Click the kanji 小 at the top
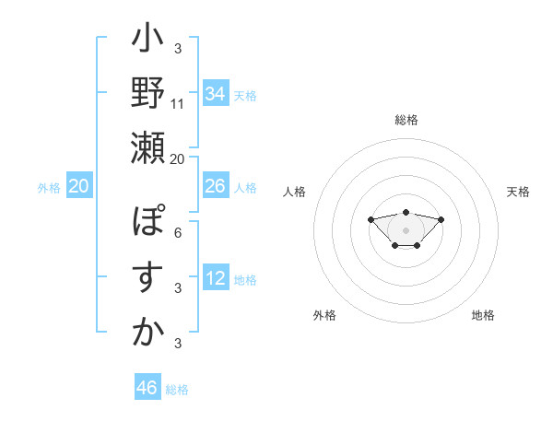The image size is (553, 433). [147, 41]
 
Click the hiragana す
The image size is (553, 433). [147, 276]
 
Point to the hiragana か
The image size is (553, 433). [147, 332]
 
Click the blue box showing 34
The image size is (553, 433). [216, 94]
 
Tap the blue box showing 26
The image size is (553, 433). [216, 186]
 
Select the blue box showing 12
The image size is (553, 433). [216, 278]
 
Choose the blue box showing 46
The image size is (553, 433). [147, 388]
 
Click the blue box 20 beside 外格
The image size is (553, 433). [79, 186]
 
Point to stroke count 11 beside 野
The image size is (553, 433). [178, 103]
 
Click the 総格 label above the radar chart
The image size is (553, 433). [406, 120]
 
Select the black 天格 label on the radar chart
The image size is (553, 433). [518, 192]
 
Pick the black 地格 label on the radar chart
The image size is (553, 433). [483, 315]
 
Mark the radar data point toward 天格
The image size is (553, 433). [441, 219]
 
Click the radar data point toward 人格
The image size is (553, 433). [371, 219]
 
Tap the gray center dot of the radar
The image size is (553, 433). [406, 230]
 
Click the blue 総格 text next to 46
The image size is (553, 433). [177, 390]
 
